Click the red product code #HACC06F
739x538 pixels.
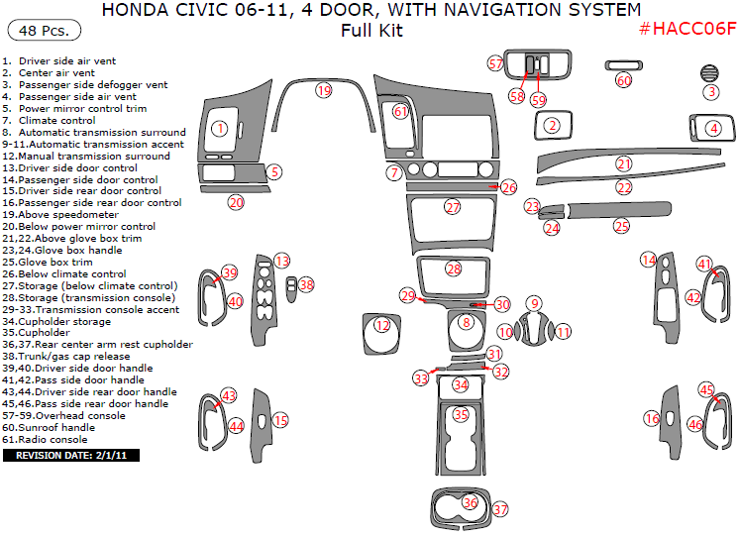click(687, 29)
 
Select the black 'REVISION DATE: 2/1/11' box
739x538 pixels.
click(71, 456)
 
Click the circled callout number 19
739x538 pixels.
click(323, 90)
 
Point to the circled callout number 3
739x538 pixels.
click(710, 92)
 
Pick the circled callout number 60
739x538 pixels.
click(623, 80)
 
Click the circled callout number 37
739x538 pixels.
click(500, 509)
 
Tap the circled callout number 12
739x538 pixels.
click(382, 325)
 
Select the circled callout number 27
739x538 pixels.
click(453, 207)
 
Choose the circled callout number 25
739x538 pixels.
click(621, 226)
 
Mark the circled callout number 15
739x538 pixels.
click(280, 421)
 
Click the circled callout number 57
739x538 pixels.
click(495, 63)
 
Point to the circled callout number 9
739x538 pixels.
click(534, 304)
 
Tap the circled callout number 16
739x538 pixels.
click(652, 419)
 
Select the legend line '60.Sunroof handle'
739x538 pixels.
click(58, 428)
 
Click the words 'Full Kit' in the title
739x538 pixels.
click(371, 31)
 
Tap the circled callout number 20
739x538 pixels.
click(236, 202)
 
